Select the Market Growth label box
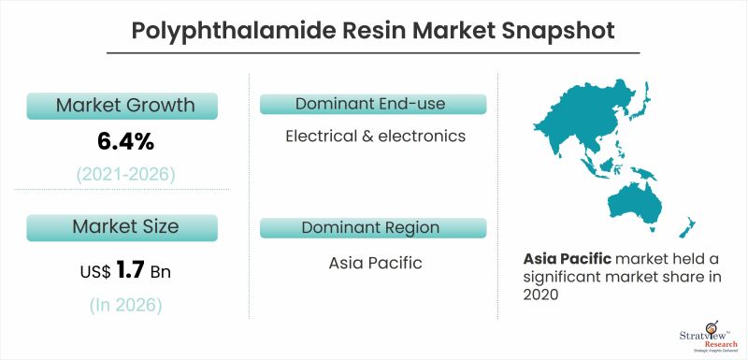[124, 105]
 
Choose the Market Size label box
[124, 226]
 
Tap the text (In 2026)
[125, 305]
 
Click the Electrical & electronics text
[375, 137]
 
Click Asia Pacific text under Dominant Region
[375, 263]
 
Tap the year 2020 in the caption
[541, 295]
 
